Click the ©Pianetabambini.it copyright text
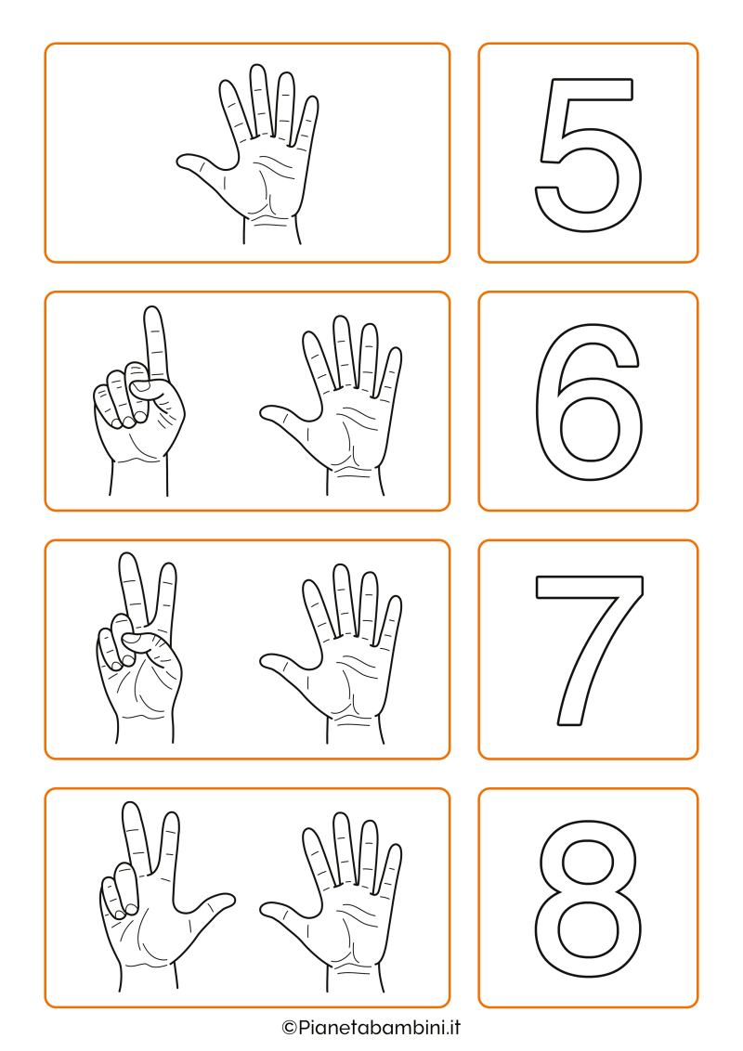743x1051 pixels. pos(371,1027)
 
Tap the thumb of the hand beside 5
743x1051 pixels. pos(200,163)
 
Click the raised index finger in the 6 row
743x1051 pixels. pos(154,344)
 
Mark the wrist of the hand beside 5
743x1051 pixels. pos(270,227)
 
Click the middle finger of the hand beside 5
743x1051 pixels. pos(260,97)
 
